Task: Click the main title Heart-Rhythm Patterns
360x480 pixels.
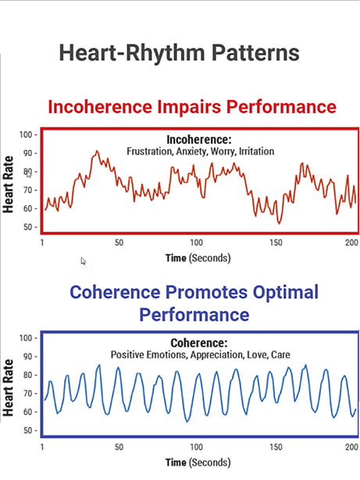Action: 179,53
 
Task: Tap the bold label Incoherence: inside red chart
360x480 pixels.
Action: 199,139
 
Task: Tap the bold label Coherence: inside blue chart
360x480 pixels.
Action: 199,343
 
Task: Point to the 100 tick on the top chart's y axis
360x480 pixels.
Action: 29,135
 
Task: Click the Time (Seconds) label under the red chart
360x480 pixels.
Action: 198,258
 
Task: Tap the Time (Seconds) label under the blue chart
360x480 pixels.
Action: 198,463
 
